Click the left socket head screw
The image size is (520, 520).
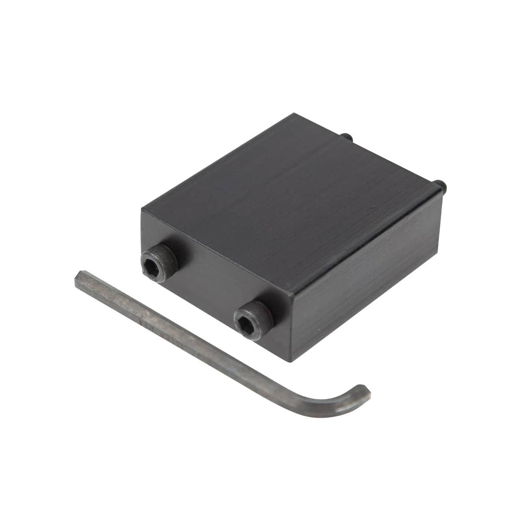pos(159,263)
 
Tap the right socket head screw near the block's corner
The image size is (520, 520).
pos(253,320)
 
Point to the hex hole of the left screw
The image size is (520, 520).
pos(156,264)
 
